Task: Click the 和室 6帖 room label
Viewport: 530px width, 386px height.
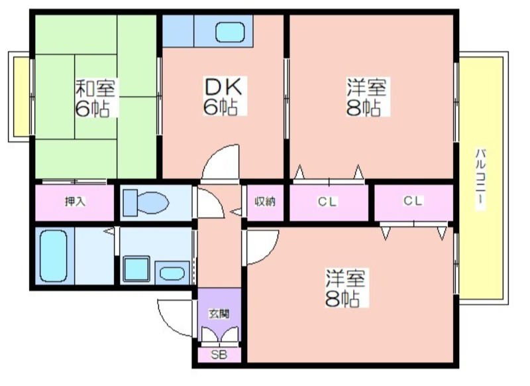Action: pyautogui.click(x=96, y=97)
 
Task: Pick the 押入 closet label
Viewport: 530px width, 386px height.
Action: pyautogui.click(x=75, y=202)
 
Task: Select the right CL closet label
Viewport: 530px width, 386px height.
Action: pyautogui.click(x=413, y=201)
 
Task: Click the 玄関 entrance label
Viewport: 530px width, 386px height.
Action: pyautogui.click(x=219, y=314)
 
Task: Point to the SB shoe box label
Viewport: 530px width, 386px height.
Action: pyautogui.click(x=219, y=355)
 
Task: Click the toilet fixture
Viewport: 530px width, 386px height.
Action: pyautogui.click(x=147, y=202)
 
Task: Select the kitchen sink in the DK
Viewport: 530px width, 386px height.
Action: pyautogui.click(x=233, y=31)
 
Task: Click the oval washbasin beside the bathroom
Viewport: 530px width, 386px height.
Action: pyautogui.click(x=174, y=272)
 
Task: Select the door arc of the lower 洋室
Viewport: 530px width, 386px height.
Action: pyautogui.click(x=262, y=245)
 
